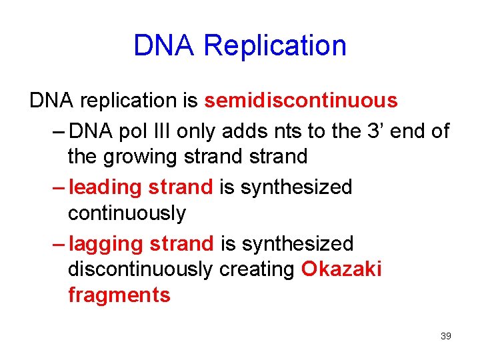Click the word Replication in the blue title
(x=275, y=46)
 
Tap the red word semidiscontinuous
(x=301, y=101)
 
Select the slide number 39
(x=446, y=335)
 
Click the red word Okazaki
(x=341, y=269)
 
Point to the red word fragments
(x=119, y=295)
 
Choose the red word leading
(x=105, y=187)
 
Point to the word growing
(x=143, y=157)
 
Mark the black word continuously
(x=127, y=213)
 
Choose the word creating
(x=257, y=269)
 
